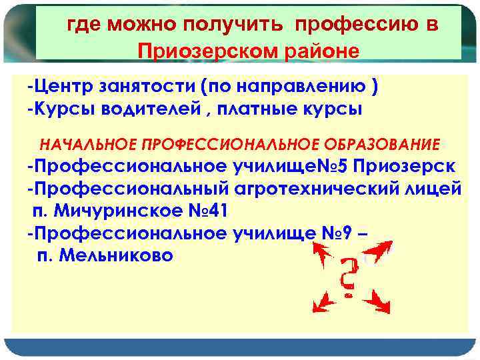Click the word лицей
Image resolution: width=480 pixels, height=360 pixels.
pos(433,189)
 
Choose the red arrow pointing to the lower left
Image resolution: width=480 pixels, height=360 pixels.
pos(325,303)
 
